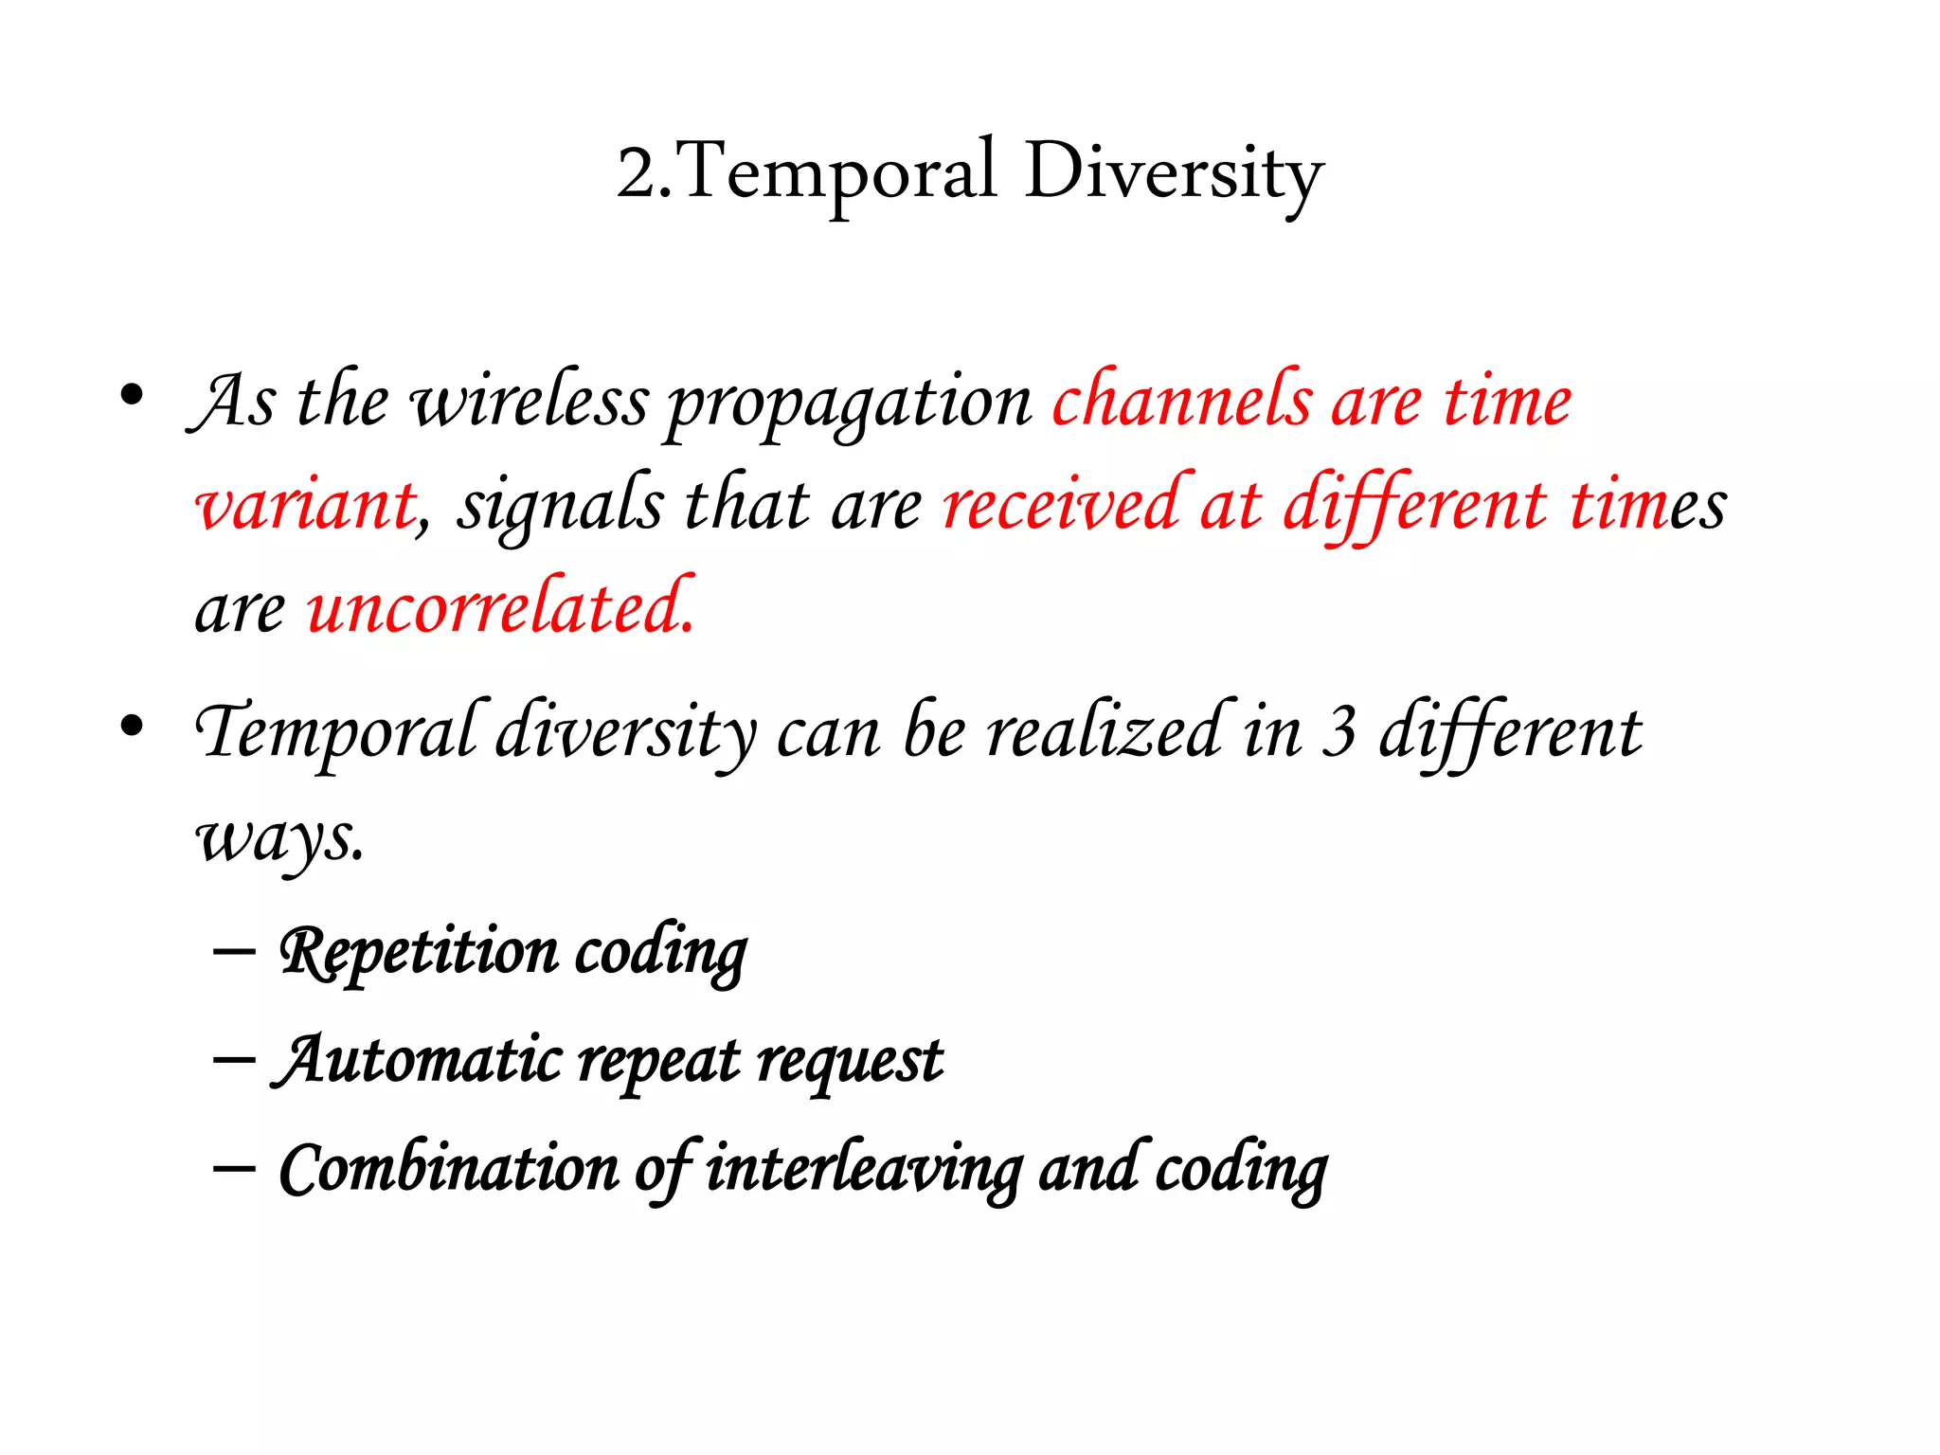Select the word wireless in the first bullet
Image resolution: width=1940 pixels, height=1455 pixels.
(x=530, y=402)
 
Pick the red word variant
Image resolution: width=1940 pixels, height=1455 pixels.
(x=306, y=505)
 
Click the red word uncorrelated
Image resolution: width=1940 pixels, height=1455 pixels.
(x=500, y=606)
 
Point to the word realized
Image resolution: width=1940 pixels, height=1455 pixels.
(x=1105, y=730)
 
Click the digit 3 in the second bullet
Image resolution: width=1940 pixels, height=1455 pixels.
(x=1338, y=732)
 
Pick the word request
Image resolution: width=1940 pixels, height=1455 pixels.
(x=850, y=1062)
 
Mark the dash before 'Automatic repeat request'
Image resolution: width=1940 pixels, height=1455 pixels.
(x=234, y=1059)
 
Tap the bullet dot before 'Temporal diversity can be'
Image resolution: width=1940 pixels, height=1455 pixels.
(x=132, y=726)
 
